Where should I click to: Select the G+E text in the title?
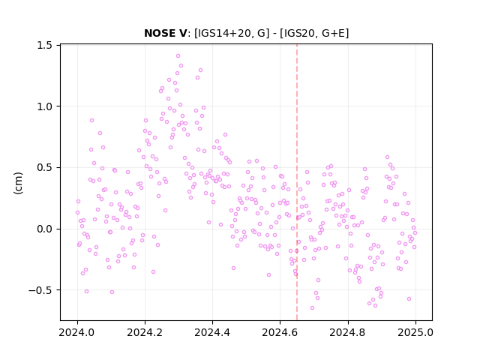330,33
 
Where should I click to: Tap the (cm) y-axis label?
18,183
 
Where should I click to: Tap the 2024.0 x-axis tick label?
77,332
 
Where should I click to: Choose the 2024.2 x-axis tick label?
145,332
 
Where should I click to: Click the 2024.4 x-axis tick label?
212,332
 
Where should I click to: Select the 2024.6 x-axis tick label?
280,332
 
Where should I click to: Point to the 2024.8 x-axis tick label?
348,332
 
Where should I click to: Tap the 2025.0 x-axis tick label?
415,332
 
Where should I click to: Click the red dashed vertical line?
297,182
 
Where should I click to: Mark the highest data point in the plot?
178,56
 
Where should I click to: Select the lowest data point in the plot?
312,307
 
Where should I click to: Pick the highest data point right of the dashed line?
387,157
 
